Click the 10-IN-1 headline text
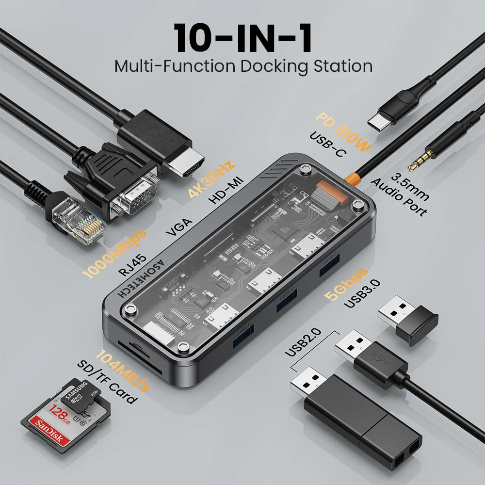click(x=243, y=38)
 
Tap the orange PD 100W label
click(x=341, y=131)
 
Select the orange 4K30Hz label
click(x=212, y=178)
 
